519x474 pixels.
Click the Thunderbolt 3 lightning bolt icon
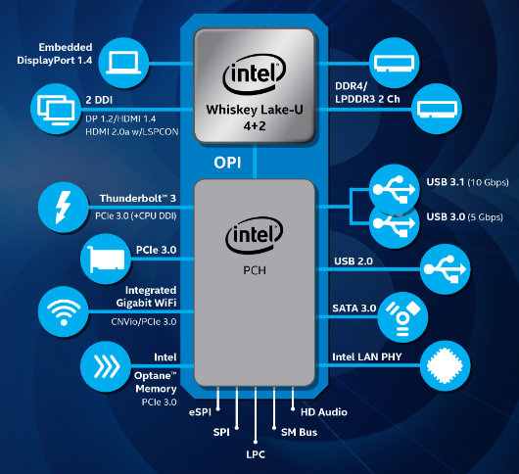(64, 208)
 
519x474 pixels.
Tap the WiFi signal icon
(64, 311)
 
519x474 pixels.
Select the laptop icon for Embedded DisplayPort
(123, 63)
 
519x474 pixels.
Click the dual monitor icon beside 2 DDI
(56, 109)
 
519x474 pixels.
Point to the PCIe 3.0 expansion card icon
(106, 259)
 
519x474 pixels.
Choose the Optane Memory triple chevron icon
(106, 366)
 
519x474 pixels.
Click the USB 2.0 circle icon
(446, 269)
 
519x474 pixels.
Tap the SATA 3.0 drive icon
(402, 317)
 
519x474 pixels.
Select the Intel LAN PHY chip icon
(446, 365)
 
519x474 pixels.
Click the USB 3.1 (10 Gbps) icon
(395, 189)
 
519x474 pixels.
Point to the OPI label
(227, 163)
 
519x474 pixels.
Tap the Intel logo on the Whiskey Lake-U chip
(255, 73)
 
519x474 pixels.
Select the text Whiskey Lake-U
(255, 110)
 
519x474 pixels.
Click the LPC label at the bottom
(256, 454)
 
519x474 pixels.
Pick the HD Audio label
(324, 412)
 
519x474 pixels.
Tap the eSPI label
(200, 412)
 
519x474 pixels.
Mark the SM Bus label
(300, 432)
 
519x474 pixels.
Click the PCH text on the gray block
(255, 270)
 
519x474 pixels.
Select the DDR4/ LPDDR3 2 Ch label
(367, 93)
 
